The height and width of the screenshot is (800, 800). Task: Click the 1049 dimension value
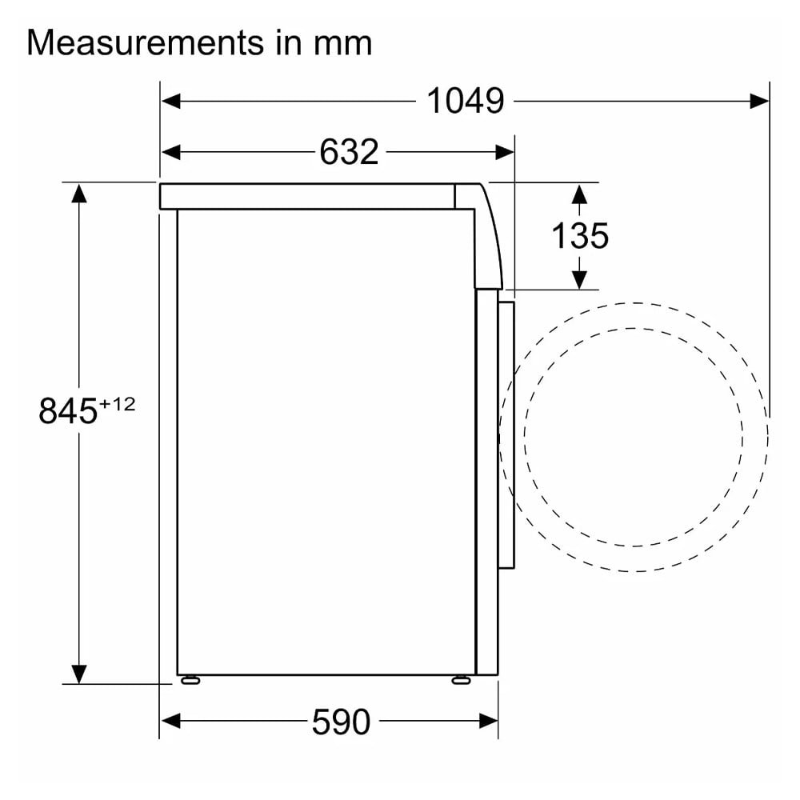[x=466, y=101]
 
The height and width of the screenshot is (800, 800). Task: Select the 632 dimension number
[x=349, y=151]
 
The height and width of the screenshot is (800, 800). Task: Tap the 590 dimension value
[x=341, y=722]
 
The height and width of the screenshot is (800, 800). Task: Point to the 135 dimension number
[x=579, y=236]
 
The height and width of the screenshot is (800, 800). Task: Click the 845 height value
[x=68, y=410]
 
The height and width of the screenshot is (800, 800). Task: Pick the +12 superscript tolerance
[x=118, y=404]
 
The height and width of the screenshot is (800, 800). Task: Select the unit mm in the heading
[x=342, y=43]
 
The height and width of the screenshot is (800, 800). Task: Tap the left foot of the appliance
[x=190, y=679]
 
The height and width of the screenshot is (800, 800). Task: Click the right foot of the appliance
[x=461, y=679]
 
